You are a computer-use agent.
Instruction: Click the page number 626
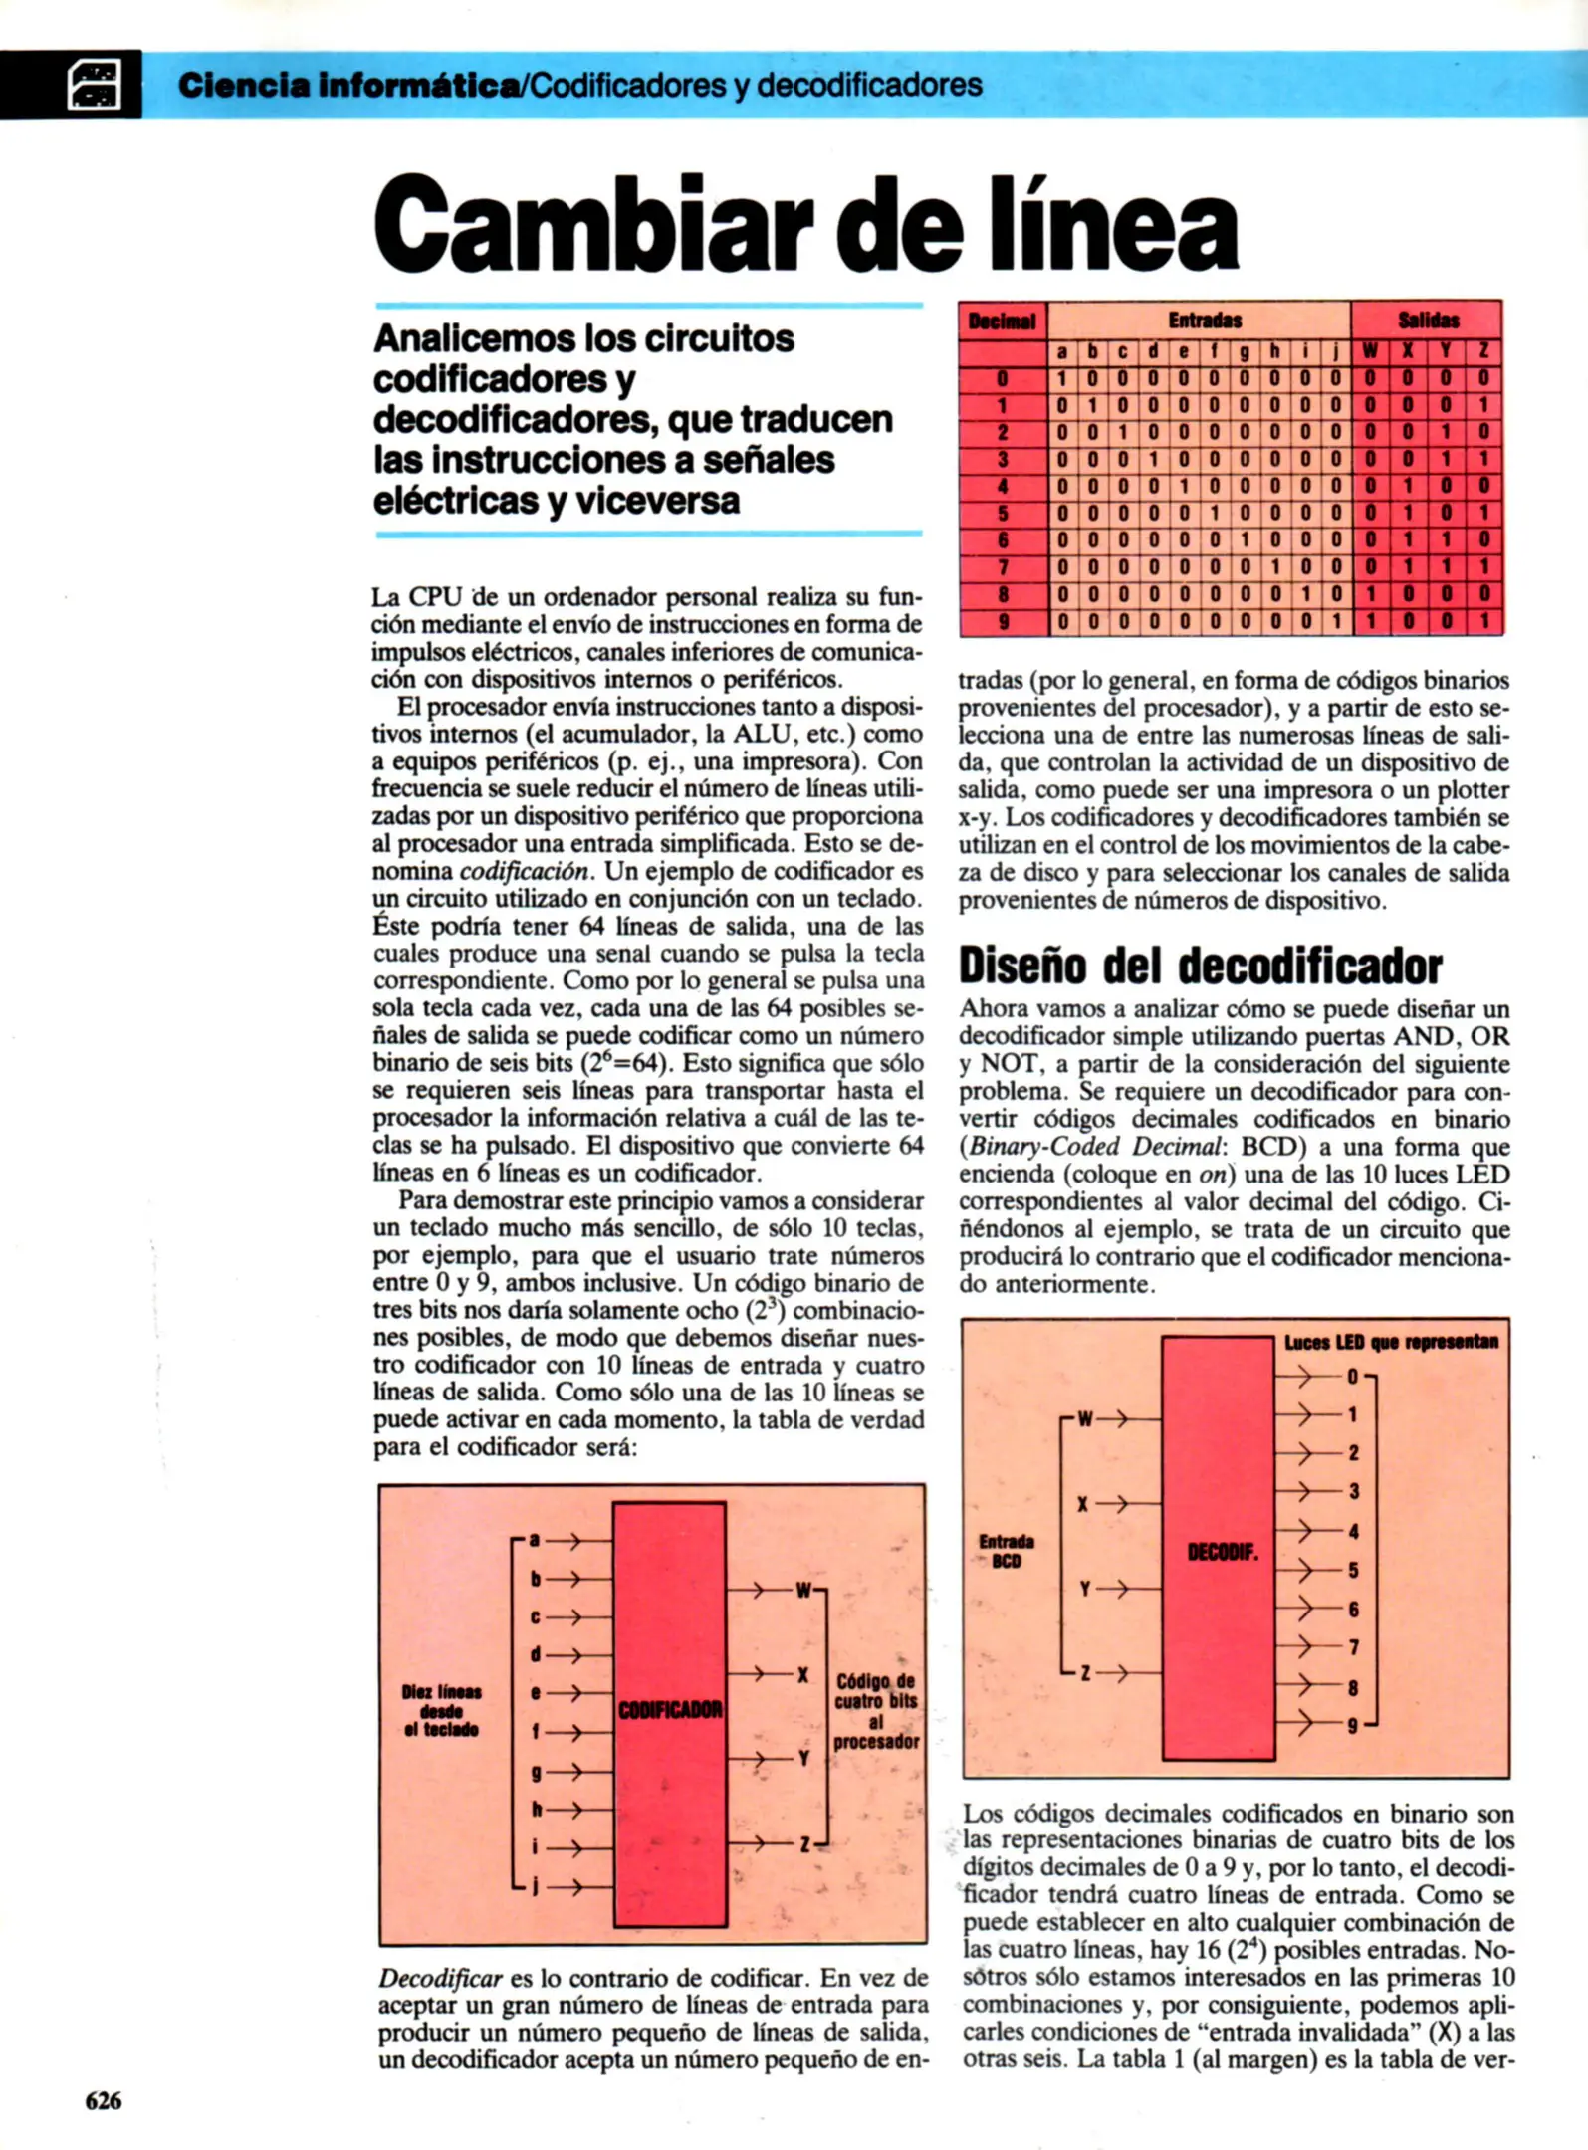point(104,2100)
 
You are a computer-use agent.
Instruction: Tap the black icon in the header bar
point(94,85)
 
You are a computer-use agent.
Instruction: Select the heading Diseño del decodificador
point(1200,966)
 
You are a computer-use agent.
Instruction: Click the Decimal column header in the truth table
point(1002,322)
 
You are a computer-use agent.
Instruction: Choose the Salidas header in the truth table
point(1428,321)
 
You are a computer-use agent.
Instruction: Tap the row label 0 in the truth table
point(1004,379)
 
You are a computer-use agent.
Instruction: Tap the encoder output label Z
point(803,1844)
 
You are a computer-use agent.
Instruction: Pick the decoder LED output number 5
point(1353,1571)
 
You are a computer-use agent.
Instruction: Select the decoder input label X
point(1082,1504)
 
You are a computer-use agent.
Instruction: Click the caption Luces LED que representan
point(1390,1342)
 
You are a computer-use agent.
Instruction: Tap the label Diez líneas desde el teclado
point(441,1711)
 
